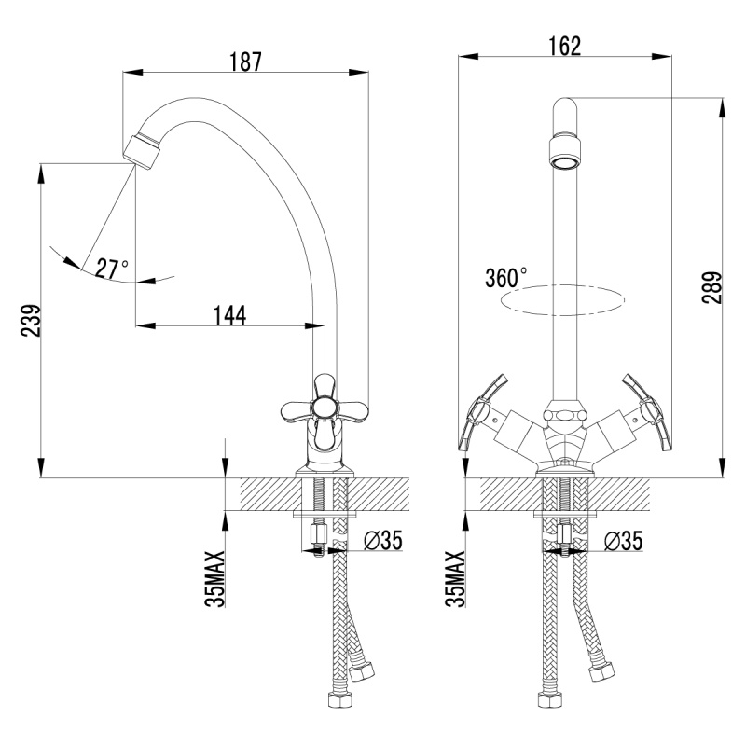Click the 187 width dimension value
[x=245, y=62]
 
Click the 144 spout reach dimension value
[x=228, y=315]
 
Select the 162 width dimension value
[x=565, y=46]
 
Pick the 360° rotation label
[x=506, y=278]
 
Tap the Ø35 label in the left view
[x=382, y=540]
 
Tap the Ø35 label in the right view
[x=623, y=540]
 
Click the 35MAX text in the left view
[x=214, y=578]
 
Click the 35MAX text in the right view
[x=456, y=578]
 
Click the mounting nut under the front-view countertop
[x=564, y=536]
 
